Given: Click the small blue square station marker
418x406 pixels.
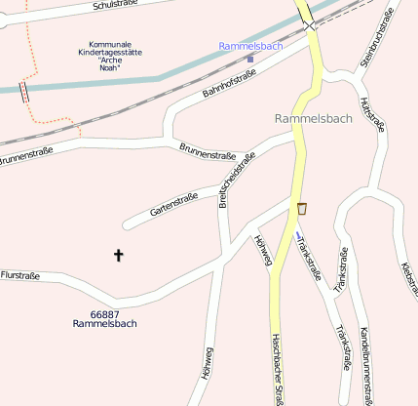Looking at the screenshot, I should point(250,59).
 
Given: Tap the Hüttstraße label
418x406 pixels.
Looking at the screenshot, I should point(367,115).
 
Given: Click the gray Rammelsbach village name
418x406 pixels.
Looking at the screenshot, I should point(314,118).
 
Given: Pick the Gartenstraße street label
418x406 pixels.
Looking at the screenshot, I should point(174,205).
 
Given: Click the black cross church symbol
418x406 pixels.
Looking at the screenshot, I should point(119,256).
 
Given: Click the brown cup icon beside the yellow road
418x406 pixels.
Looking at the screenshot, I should point(302,208).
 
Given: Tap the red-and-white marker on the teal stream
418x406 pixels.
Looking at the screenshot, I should point(23,92).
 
